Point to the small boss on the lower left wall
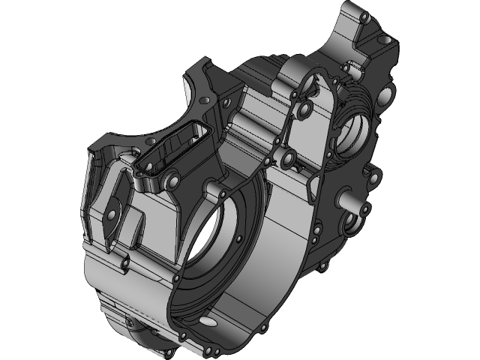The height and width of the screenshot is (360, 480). tap(122, 263)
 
